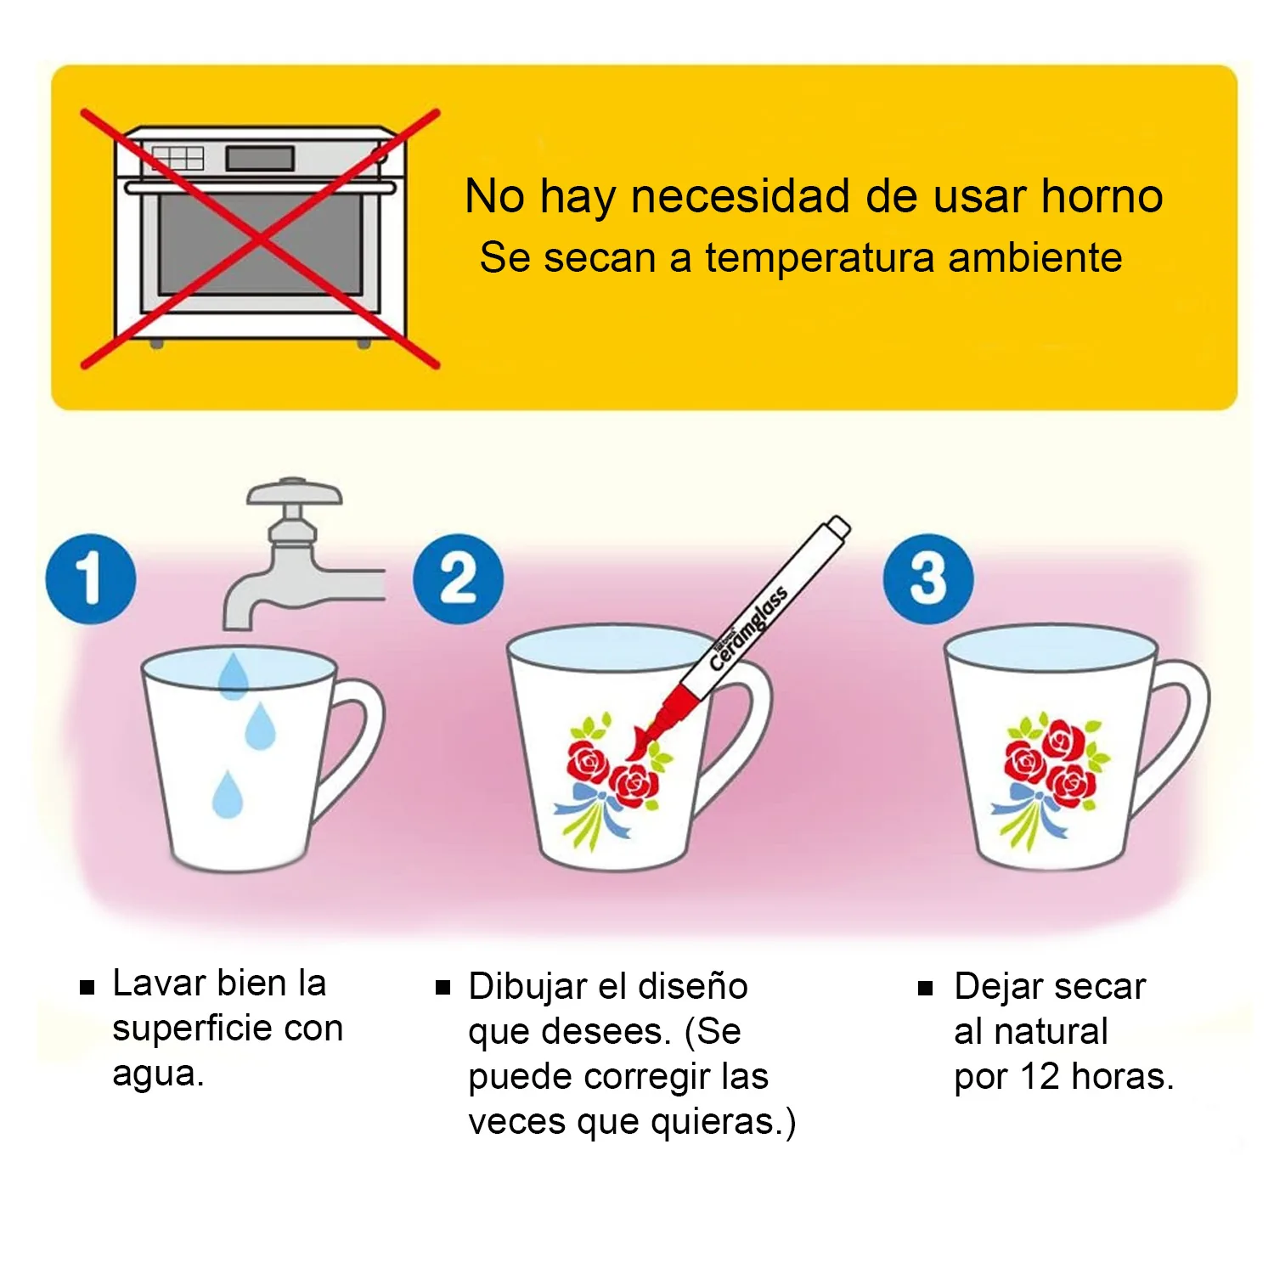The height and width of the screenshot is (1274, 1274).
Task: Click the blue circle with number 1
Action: (x=91, y=578)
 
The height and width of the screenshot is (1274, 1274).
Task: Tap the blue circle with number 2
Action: (x=459, y=578)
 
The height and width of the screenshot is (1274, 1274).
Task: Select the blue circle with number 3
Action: (x=928, y=578)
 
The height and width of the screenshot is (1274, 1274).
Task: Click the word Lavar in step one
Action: (x=159, y=983)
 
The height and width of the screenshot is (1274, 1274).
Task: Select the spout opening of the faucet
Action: (x=237, y=625)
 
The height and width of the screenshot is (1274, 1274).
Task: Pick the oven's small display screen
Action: (x=260, y=158)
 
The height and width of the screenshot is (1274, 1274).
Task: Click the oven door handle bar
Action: (x=260, y=188)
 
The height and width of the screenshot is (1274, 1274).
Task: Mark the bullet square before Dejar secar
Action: (x=926, y=989)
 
